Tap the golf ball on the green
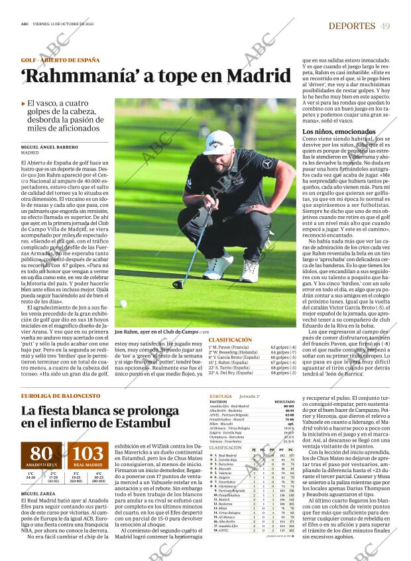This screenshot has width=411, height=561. click(x=123, y=303)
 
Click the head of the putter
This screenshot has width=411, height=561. click(x=178, y=284)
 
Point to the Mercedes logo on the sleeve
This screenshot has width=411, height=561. click(x=267, y=162)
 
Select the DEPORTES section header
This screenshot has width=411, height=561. click(x=352, y=26)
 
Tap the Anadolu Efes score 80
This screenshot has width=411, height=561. click(x=42, y=454)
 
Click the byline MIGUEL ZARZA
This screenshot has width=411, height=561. click(x=38, y=493)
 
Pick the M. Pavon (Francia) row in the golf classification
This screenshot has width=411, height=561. click(x=229, y=347)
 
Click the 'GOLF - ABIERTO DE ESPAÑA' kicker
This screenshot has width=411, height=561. click(x=59, y=60)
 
